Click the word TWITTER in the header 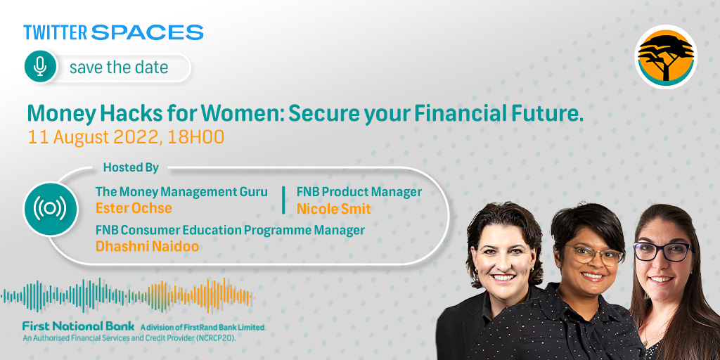[56, 32]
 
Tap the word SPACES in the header [147, 32]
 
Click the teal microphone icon [40, 67]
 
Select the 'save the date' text [119, 67]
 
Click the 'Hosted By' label [131, 167]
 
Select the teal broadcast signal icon [50, 208]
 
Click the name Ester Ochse [134, 208]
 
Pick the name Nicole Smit [333, 208]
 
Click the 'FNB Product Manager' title [359, 192]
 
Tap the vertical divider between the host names [283, 200]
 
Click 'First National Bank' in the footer [78, 326]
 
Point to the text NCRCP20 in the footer [224, 337]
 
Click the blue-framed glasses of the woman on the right [662, 251]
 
